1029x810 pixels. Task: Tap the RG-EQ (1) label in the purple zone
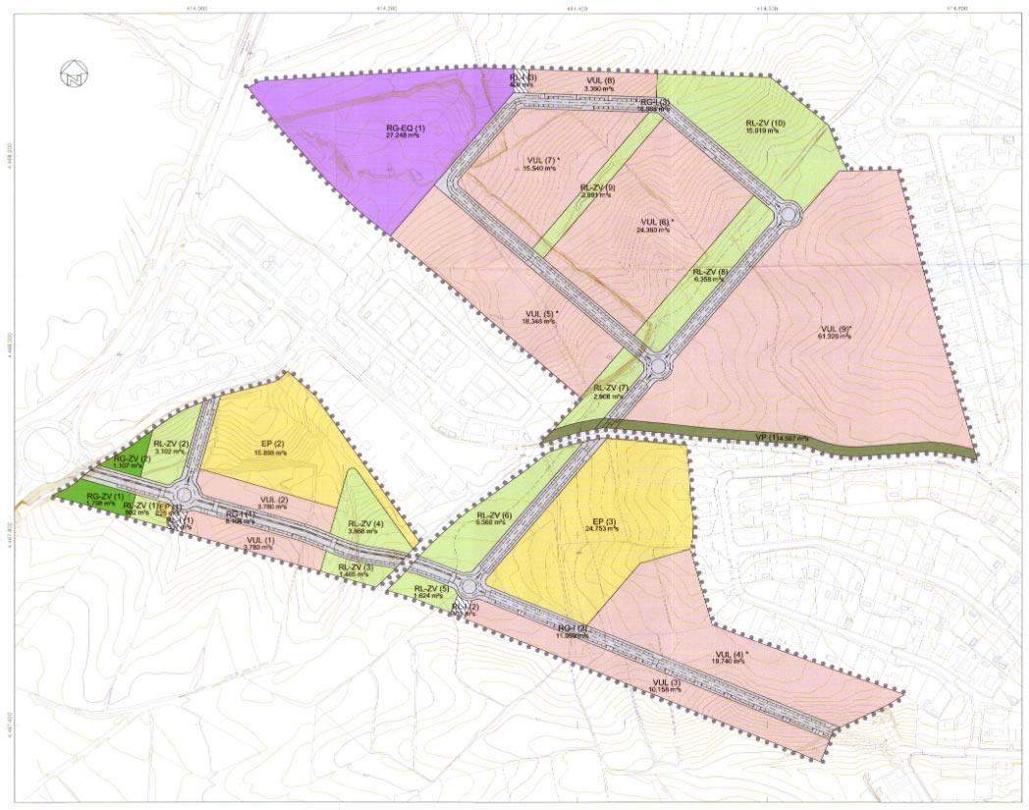click(x=405, y=130)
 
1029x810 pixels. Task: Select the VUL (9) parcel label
click(x=837, y=329)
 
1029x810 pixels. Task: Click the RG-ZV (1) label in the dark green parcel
click(x=105, y=496)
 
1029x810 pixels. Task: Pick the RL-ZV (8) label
click(x=709, y=273)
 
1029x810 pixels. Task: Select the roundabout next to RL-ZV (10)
click(x=787, y=212)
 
